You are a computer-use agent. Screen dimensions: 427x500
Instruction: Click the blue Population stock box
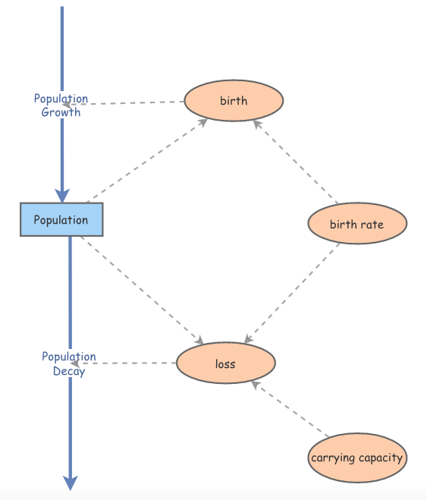tap(61, 219)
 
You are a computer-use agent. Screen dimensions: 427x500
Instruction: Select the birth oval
tap(234, 100)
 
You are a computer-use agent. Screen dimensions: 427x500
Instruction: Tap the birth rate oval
tap(357, 223)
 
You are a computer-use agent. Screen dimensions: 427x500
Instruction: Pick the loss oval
tap(225, 363)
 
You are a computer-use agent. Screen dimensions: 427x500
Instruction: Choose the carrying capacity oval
tap(357, 458)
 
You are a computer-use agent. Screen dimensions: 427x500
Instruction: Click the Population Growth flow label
tap(61, 105)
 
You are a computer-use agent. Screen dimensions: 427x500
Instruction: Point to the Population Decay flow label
tap(69, 364)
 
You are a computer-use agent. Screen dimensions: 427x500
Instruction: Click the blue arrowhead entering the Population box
tap(62, 195)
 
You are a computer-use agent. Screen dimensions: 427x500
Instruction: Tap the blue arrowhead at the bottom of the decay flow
tap(71, 483)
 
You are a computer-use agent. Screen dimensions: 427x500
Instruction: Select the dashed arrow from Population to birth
tap(147, 161)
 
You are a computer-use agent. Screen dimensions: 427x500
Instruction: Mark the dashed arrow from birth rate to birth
tap(296, 162)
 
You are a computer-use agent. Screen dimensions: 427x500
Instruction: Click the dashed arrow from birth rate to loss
tap(292, 293)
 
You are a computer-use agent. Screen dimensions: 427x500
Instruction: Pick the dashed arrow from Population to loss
tap(142, 290)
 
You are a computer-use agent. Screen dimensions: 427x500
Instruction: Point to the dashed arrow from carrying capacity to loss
tap(290, 408)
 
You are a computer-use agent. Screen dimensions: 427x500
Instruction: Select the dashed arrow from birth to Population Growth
tap(123, 103)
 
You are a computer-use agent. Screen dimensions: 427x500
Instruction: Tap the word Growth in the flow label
tap(61, 112)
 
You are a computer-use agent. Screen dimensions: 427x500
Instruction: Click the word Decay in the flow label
tap(69, 372)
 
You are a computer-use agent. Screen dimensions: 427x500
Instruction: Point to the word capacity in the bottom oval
tap(381, 458)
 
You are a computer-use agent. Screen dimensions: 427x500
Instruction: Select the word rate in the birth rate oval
tap(372, 225)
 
